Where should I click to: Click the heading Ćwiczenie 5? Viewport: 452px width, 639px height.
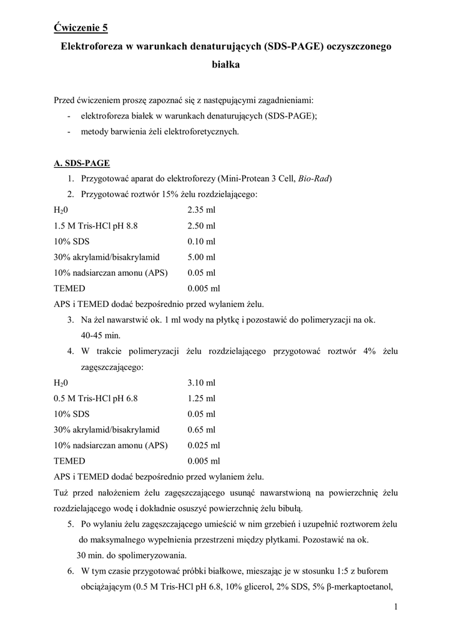(x=81, y=27)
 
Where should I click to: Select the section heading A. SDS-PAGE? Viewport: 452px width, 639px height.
(x=82, y=163)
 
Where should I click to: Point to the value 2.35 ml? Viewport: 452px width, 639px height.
(x=201, y=210)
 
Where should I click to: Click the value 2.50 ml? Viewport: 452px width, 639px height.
(x=201, y=226)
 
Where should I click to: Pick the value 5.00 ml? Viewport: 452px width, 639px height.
(x=201, y=257)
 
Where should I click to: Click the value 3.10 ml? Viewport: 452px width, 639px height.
(x=201, y=383)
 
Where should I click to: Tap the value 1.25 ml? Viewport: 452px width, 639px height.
(x=201, y=398)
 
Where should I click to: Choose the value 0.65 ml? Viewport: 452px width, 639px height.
(x=201, y=429)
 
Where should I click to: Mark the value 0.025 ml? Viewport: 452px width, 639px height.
(x=204, y=446)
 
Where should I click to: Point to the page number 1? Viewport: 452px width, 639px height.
(x=396, y=607)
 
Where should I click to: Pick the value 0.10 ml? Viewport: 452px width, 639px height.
(x=201, y=241)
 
